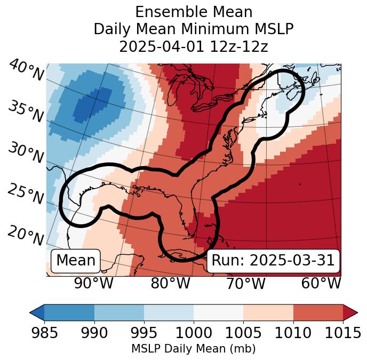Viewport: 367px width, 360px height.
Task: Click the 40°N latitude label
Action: tap(25, 71)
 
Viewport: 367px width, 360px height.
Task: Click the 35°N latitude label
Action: tap(25, 111)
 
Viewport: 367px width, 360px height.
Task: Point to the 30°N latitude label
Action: tap(25, 153)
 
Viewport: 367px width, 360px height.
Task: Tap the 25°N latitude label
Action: tap(25, 194)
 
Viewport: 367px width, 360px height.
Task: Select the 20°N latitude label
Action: tap(25, 235)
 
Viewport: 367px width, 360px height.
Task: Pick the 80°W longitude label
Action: tap(170, 283)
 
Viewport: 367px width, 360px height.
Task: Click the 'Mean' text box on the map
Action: tap(76, 261)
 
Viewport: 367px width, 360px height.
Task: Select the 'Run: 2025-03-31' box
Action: tap(273, 261)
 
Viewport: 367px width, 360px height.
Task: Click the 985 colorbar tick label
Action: tap(44, 333)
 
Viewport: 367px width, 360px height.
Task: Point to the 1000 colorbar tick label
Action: tap(194, 333)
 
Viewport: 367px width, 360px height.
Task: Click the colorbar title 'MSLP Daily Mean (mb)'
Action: tap(193, 349)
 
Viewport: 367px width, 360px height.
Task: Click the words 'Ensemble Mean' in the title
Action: tap(193, 12)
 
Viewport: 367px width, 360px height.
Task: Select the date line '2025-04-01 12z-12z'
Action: tap(193, 46)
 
